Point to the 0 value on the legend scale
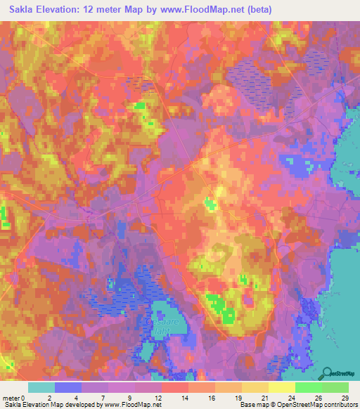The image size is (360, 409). coord(25,397)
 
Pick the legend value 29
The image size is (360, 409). coord(344,397)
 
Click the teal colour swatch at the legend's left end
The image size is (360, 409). coord(41,387)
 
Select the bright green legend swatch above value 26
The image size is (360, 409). coord(309,387)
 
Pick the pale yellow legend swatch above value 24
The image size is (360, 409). coord(282,387)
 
